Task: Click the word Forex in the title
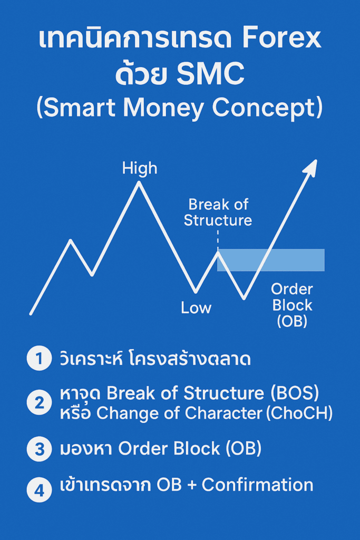pos(281,39)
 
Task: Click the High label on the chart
pos(140,168)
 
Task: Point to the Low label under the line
pos(196,307)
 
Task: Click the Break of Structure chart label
pos(218,213)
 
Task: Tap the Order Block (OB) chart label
pos(292,305)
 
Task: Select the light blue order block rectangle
pos(271,259)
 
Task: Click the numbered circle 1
pos(39,358)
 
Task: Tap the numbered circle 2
pos(39,402)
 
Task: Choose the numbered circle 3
pos(39,449)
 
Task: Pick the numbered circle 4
pos(39,490)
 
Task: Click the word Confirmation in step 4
pos(257,485)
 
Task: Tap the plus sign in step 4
pos(191,486)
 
